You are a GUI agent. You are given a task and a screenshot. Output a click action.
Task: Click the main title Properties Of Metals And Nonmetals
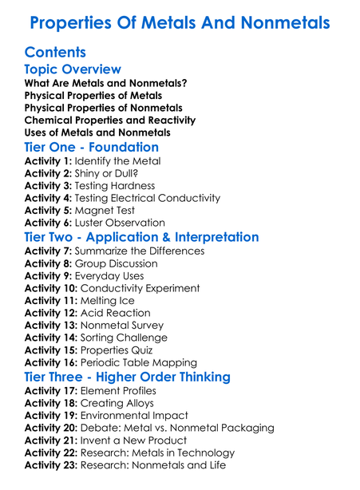pos(180,22)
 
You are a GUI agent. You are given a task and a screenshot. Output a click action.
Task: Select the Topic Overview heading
pos(73,69)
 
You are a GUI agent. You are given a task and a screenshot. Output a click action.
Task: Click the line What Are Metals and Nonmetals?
pos(106,83)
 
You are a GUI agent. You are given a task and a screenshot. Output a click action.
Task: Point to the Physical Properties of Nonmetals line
pos(103,108)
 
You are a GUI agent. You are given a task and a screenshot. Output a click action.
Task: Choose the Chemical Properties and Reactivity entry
pos(109,121)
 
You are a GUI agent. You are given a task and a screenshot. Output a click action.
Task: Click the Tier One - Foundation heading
pos(92,147)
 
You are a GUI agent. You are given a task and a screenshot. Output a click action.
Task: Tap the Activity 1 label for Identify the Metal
pos(49,161)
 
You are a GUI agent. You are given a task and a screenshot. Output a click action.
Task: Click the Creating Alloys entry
pos(117,403)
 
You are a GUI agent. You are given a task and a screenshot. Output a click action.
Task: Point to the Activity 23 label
pos(53,465)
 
